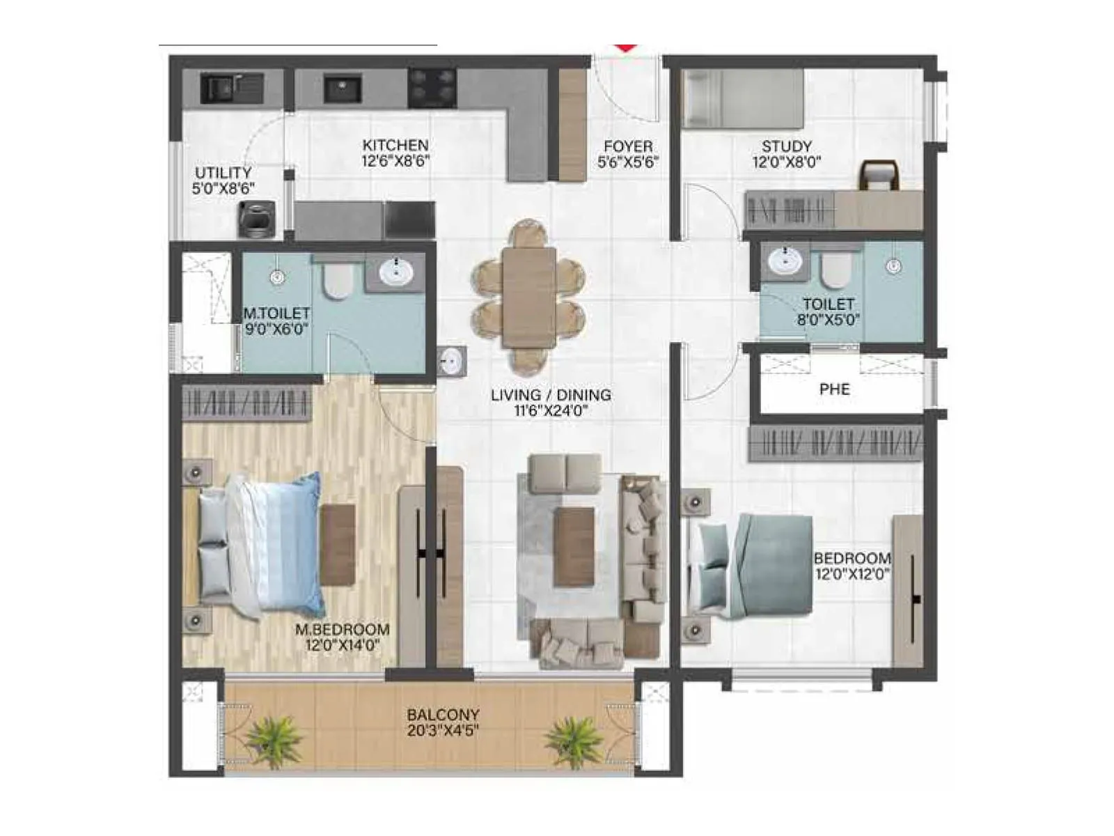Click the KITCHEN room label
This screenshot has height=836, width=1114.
pyautogui.click(x=395, y=146)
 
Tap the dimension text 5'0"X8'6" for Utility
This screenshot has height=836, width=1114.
pyautogui.click(x=223, y=188)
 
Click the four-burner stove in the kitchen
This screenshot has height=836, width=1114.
pyautogui.click(x=432, y=88)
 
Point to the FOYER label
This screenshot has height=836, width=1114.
pyautogui.click(x=628, y=146)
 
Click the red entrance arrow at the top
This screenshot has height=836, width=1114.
pyautogui.click(x=626, y=47)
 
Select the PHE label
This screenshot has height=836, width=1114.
pyautogui.click(x=834, y=389)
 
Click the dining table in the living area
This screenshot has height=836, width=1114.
pyautogui.click(x=529, y=297)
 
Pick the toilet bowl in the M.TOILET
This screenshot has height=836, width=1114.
pyautogui.click(x=338, y=280)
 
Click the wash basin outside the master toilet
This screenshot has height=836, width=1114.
pyautogui.click(x=451, y=362)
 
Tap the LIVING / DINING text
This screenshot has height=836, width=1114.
pyautogui.click(x=551, y=395)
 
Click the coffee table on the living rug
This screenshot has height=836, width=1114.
pyautogui.click(x=574, y=546)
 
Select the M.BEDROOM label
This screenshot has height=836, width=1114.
pyautogui.click(x=342, y=629)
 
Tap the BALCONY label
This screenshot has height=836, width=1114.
pyautogui.click(x=443, y=715)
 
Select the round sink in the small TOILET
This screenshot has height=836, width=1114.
pyautogui.click(x=786, y=263)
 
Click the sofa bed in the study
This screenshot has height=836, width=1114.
pyautogui.click(x=742, y=99)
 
